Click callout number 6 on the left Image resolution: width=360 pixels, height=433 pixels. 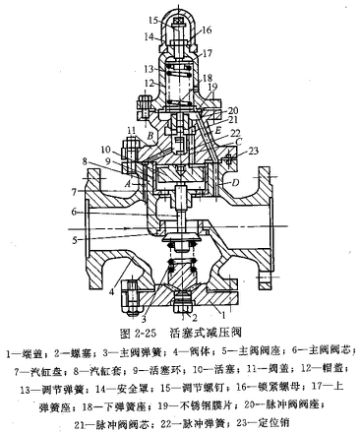point(74,212)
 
